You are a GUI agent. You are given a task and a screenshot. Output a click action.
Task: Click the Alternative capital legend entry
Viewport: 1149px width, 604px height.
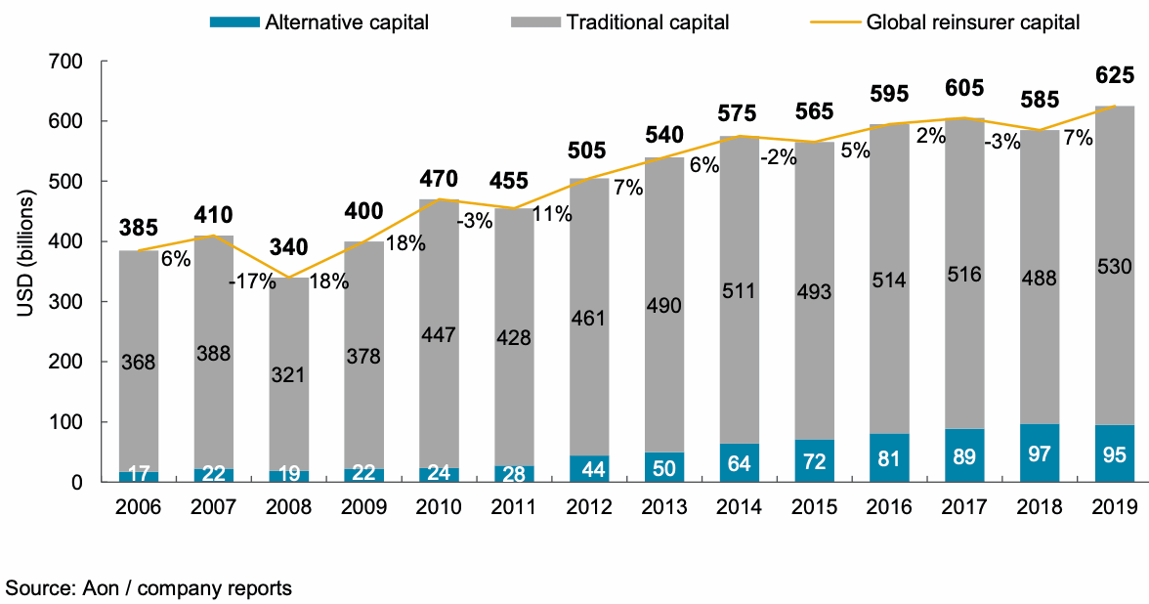[x=346, y=22]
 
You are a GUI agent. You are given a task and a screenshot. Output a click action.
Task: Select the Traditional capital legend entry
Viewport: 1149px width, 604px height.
[x=648, y=22]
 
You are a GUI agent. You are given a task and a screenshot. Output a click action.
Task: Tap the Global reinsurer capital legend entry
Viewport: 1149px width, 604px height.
[x=973, y=22]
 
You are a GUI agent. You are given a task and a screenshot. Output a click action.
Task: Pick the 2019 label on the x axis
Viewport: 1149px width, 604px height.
[x=1114, y=507]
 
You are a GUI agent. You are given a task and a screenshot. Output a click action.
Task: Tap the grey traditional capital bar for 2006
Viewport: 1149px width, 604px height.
[x=139, y=361]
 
